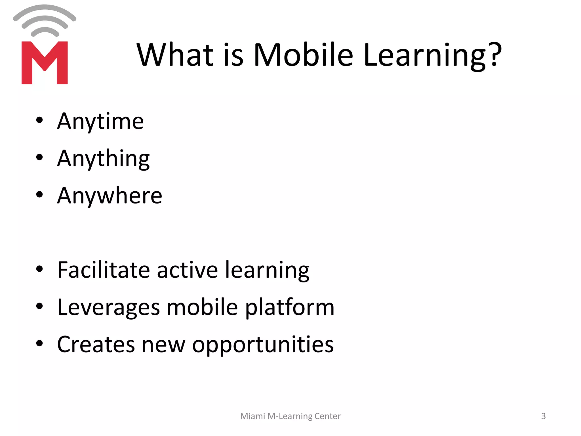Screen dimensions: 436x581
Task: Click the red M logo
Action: coord(45,63)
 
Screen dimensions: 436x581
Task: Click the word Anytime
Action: coord(100,121)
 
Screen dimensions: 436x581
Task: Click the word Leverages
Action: coord(109,307)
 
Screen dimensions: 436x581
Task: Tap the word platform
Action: coord(290,308)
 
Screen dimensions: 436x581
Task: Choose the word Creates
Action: coord(96,344)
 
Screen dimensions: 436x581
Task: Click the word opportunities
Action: coord(263,345)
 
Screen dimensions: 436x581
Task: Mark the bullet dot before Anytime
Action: coord(39,120)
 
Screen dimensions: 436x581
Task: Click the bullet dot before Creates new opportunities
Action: coord(39,343)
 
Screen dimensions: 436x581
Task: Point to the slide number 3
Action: coord(543,416)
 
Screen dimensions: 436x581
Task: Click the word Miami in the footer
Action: coord(252,416)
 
